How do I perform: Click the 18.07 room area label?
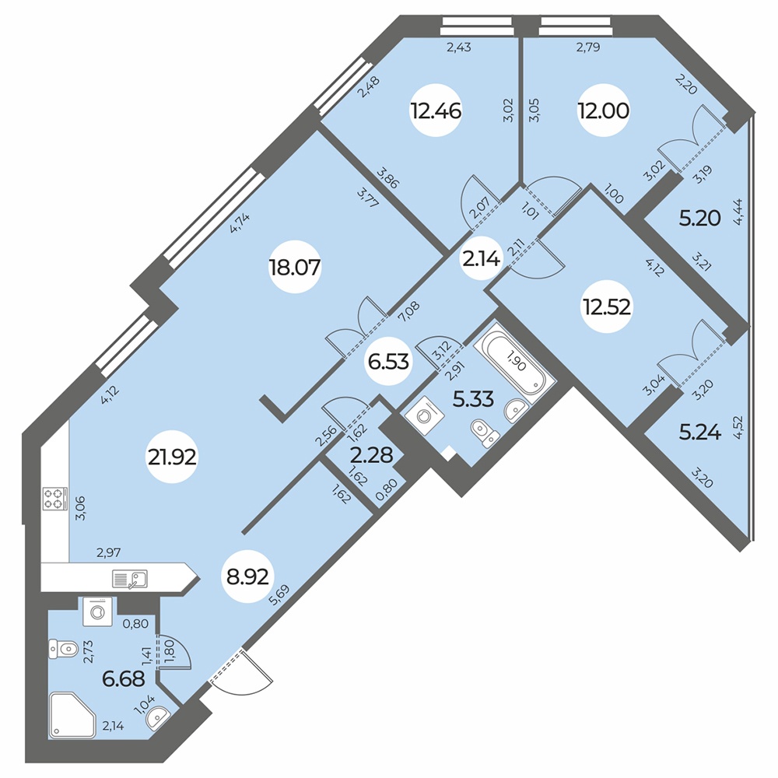295,268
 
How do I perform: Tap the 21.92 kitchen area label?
172,457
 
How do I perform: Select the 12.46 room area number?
436,110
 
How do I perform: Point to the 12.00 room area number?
604,110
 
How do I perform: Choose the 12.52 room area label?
607,307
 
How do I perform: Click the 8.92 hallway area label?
247,576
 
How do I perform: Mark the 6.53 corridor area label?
388,361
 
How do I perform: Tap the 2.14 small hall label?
481,258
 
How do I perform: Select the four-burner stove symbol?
54,499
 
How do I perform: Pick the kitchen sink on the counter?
130,579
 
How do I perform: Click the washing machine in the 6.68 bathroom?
97,612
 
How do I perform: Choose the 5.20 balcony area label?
699,219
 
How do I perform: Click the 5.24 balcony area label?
700,433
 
